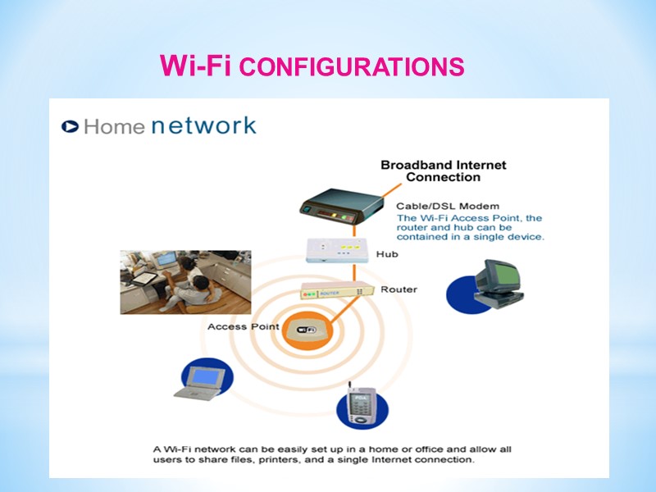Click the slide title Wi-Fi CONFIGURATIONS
(312, 66)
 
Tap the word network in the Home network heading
(204, 125)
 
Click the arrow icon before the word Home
(71, 127)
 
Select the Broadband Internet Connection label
(443, 171)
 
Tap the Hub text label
(387, 254)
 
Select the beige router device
(337, 290)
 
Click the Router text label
(399, 289)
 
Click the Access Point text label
(244, 326)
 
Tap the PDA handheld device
(361, 405)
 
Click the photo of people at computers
(185, 282)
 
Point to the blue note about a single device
(470, 227)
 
